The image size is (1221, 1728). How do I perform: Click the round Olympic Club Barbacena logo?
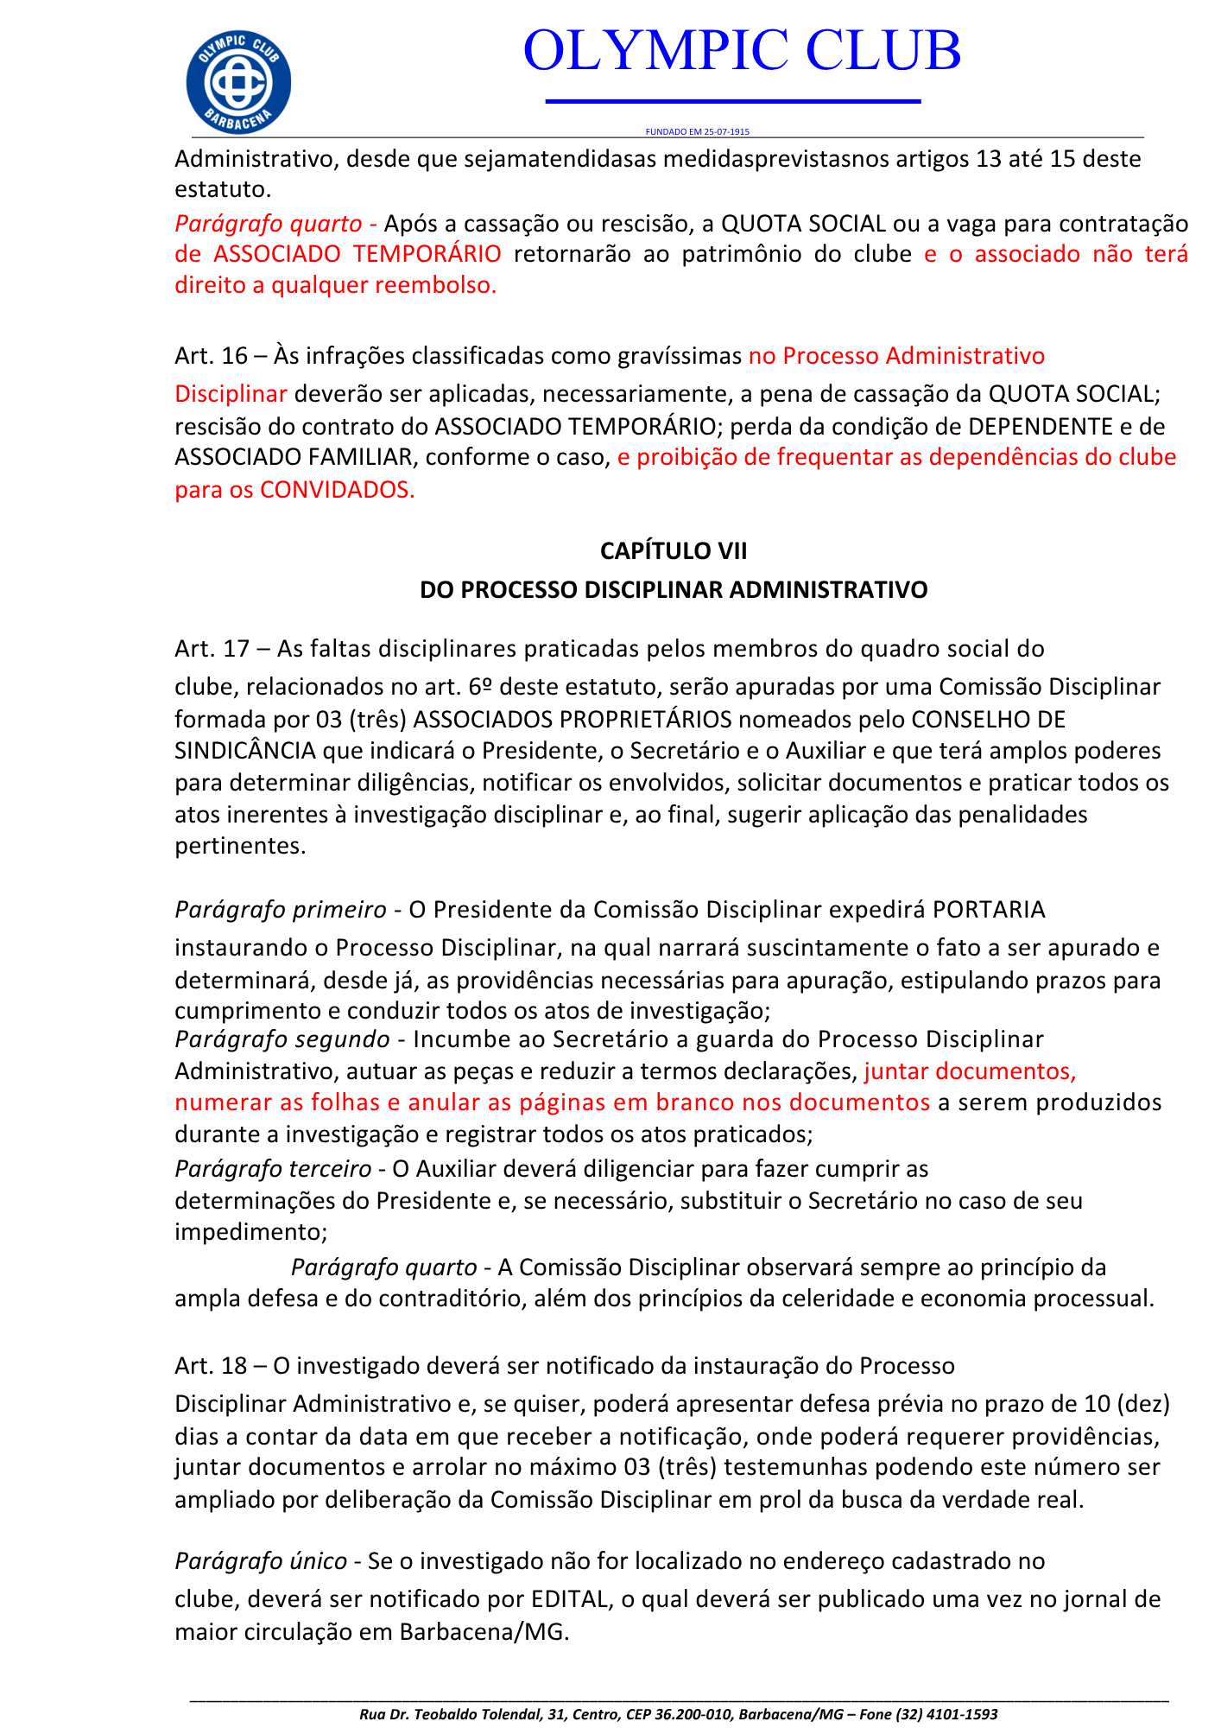click(238, 83)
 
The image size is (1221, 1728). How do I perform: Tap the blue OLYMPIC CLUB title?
click(742, 50)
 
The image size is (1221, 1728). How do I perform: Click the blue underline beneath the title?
click(733, 102)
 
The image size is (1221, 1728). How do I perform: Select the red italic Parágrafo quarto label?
click(268, 224)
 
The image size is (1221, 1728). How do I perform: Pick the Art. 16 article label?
click(211, 356)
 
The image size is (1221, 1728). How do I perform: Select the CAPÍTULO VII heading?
click(674, 551)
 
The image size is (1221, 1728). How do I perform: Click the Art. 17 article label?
click(212, 648)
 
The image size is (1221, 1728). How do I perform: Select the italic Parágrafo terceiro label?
click(273, 1169)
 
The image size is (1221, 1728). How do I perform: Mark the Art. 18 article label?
click(211, 1366)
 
